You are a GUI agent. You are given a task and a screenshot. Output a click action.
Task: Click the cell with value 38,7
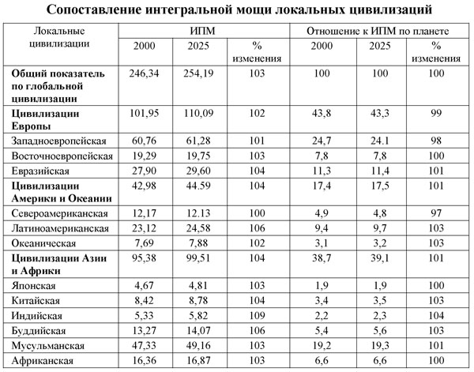324,259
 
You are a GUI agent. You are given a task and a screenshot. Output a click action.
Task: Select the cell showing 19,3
377,345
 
